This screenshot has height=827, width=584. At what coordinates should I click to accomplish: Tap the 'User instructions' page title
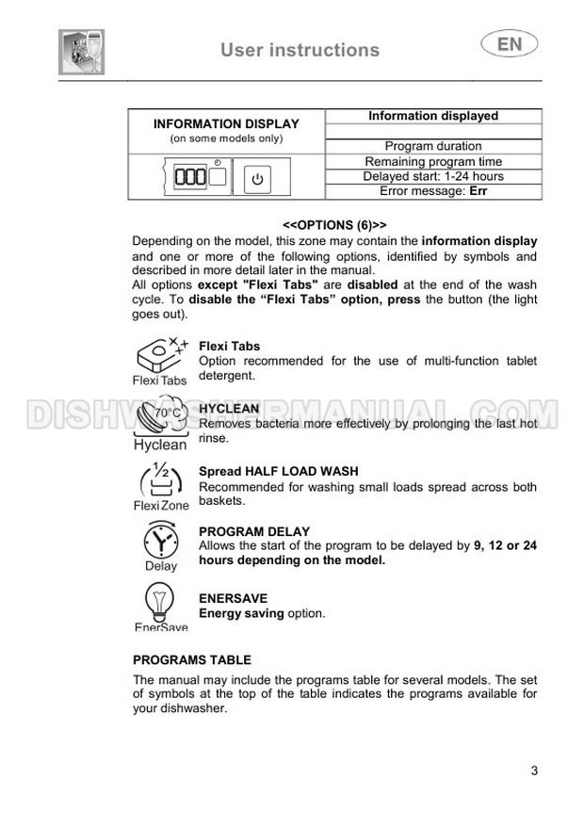click(x=300, y=50)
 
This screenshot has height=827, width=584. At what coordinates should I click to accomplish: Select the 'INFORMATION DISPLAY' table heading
click(x=226, y=123)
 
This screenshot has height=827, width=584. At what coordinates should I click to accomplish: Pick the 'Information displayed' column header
click(x=433, y=116)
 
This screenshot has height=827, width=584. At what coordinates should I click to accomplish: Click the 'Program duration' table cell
click(x=433, y=146)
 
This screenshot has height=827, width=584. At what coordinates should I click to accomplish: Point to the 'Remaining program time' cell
click(x=433, y=161)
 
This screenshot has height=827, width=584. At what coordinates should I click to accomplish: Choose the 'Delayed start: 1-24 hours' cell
click(x=433, y=176)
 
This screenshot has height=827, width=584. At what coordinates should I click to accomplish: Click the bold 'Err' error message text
click(x=478, y=191)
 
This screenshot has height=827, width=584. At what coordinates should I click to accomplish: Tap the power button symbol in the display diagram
click(x=259, y=178)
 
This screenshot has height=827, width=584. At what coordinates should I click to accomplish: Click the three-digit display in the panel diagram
click(x=191, y=177)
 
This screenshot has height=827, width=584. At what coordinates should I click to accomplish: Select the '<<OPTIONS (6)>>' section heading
click(x=334, y=226)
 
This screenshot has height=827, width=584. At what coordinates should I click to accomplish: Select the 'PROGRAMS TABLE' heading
click(x=192, y=660)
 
